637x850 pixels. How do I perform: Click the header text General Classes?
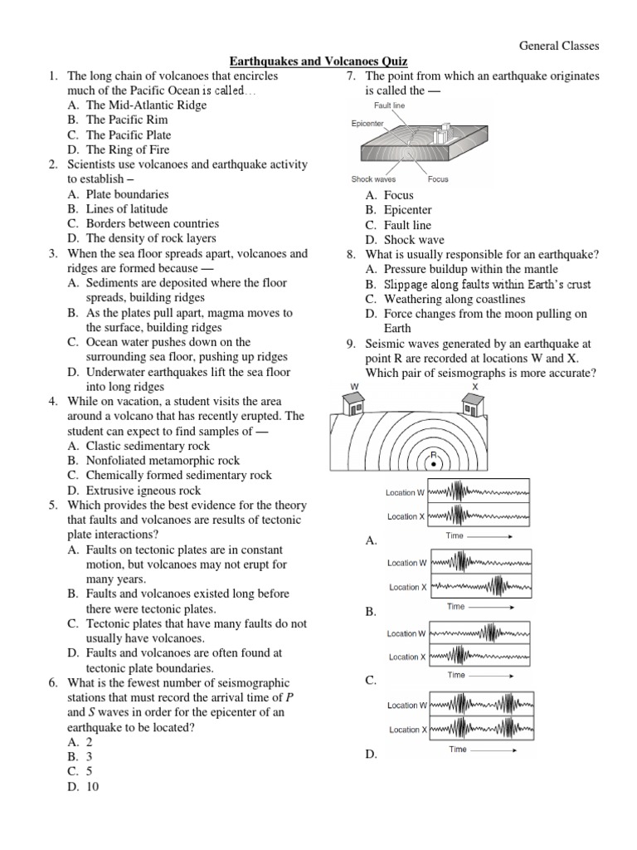pyautogui.click(x=559, y=46)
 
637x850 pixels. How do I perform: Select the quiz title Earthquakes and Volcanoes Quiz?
pyautogui.click(x=318, y=61)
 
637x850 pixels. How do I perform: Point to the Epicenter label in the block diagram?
pyautogui.click(x=367, y=124)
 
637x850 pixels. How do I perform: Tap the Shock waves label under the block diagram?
pyautogui.click(x=373, y=179)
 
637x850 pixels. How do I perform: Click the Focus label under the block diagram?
pyautogui.click(x=438, y=179)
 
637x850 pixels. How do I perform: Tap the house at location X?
pyautogui.click(x=474, y=404)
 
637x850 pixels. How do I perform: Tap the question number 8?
pyautogui.click(x=352, y=254)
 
